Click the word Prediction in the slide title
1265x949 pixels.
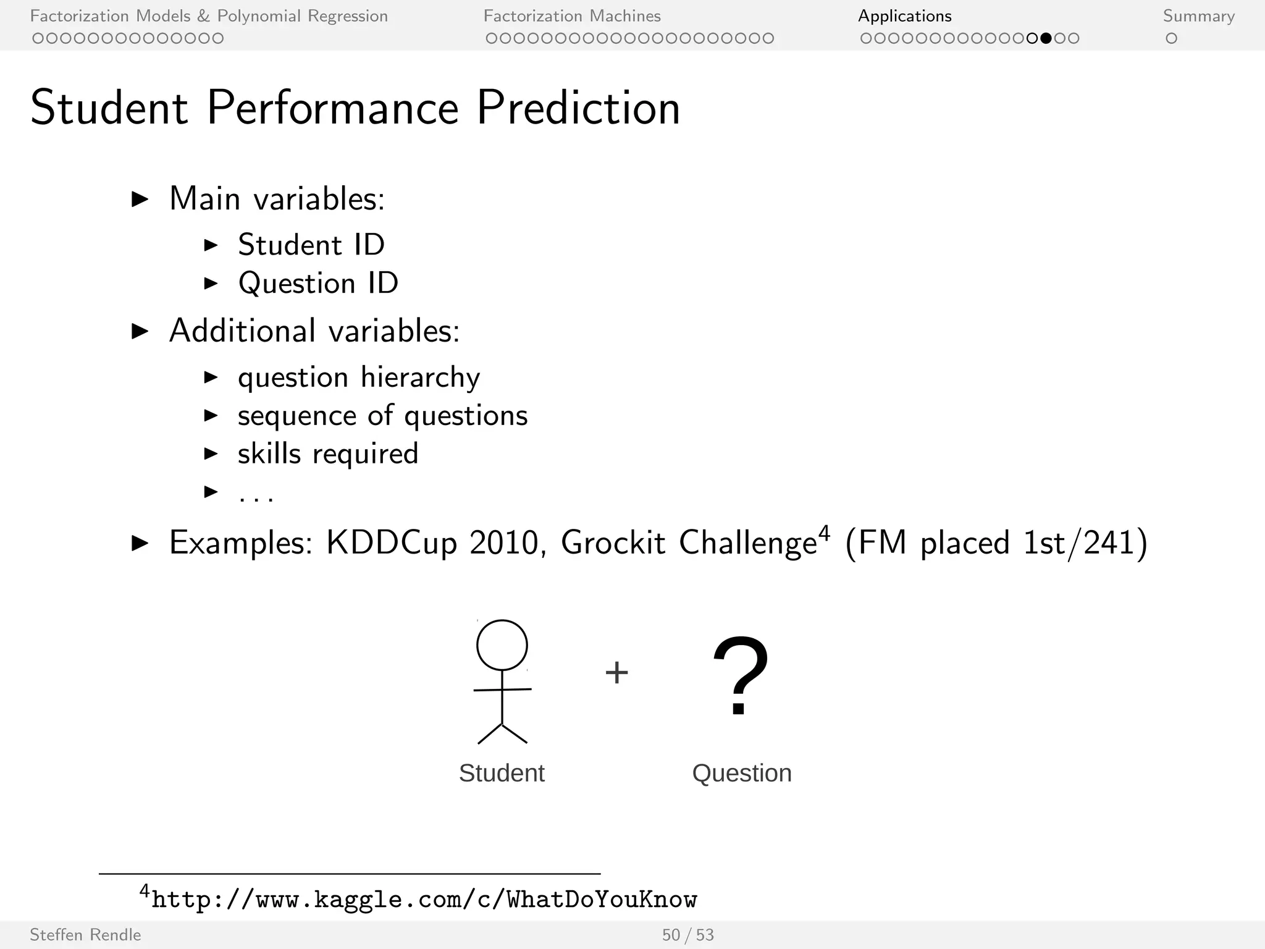click(x=578, y=108)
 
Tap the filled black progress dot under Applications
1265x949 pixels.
click(x=1046, y=38)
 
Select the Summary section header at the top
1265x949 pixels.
click(x=1198, y=16)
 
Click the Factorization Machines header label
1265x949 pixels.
click(x=572, y=16)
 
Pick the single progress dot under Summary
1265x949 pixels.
click(x=1171, y=38)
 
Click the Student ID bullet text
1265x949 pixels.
click(x=311, y=245)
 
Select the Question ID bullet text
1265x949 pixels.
click(x=318, y=283)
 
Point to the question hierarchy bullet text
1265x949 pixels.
click(x=359, y=377)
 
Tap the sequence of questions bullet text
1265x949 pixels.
click(x=382, y=415)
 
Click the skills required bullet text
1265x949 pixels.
click(x=328, y=453)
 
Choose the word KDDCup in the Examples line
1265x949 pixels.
click(x=391, y=542)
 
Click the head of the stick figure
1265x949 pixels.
click(x=502, y=645)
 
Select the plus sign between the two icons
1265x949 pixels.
click(x=616, y=672)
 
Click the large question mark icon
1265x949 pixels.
click(x=740, y=675)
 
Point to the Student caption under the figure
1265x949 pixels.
click(x=502, y=773)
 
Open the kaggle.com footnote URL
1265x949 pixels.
click(x=424, y=899)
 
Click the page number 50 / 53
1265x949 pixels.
click(x=687, y=935)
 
